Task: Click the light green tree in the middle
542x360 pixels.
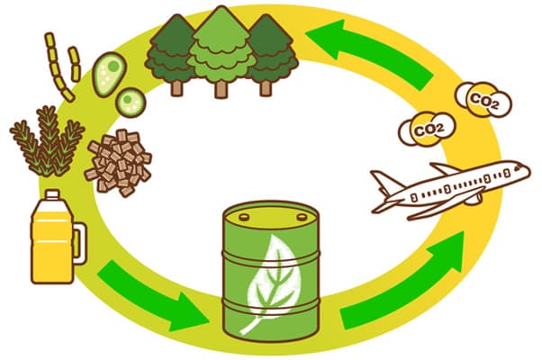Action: coord(221,52)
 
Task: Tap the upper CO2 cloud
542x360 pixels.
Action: coord(483,99)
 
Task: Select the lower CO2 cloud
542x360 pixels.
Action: coord(428,128)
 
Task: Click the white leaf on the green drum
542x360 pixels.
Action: coord(273,283)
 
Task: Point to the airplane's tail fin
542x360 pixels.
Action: coord(384,181)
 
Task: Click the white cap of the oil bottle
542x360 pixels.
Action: coord(52,194)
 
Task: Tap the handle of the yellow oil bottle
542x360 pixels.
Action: coord(79,243)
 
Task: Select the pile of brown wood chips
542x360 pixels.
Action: coord(118,162)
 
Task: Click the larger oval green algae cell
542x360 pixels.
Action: coord(109,74)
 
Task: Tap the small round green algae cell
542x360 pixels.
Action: coord(131,102)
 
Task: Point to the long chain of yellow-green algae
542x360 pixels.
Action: coord(58,67)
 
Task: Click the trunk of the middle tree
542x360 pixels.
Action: coord(221,89)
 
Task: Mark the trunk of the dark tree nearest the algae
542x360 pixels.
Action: coord(176,88)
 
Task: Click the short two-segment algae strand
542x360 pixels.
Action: coord(75,64)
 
